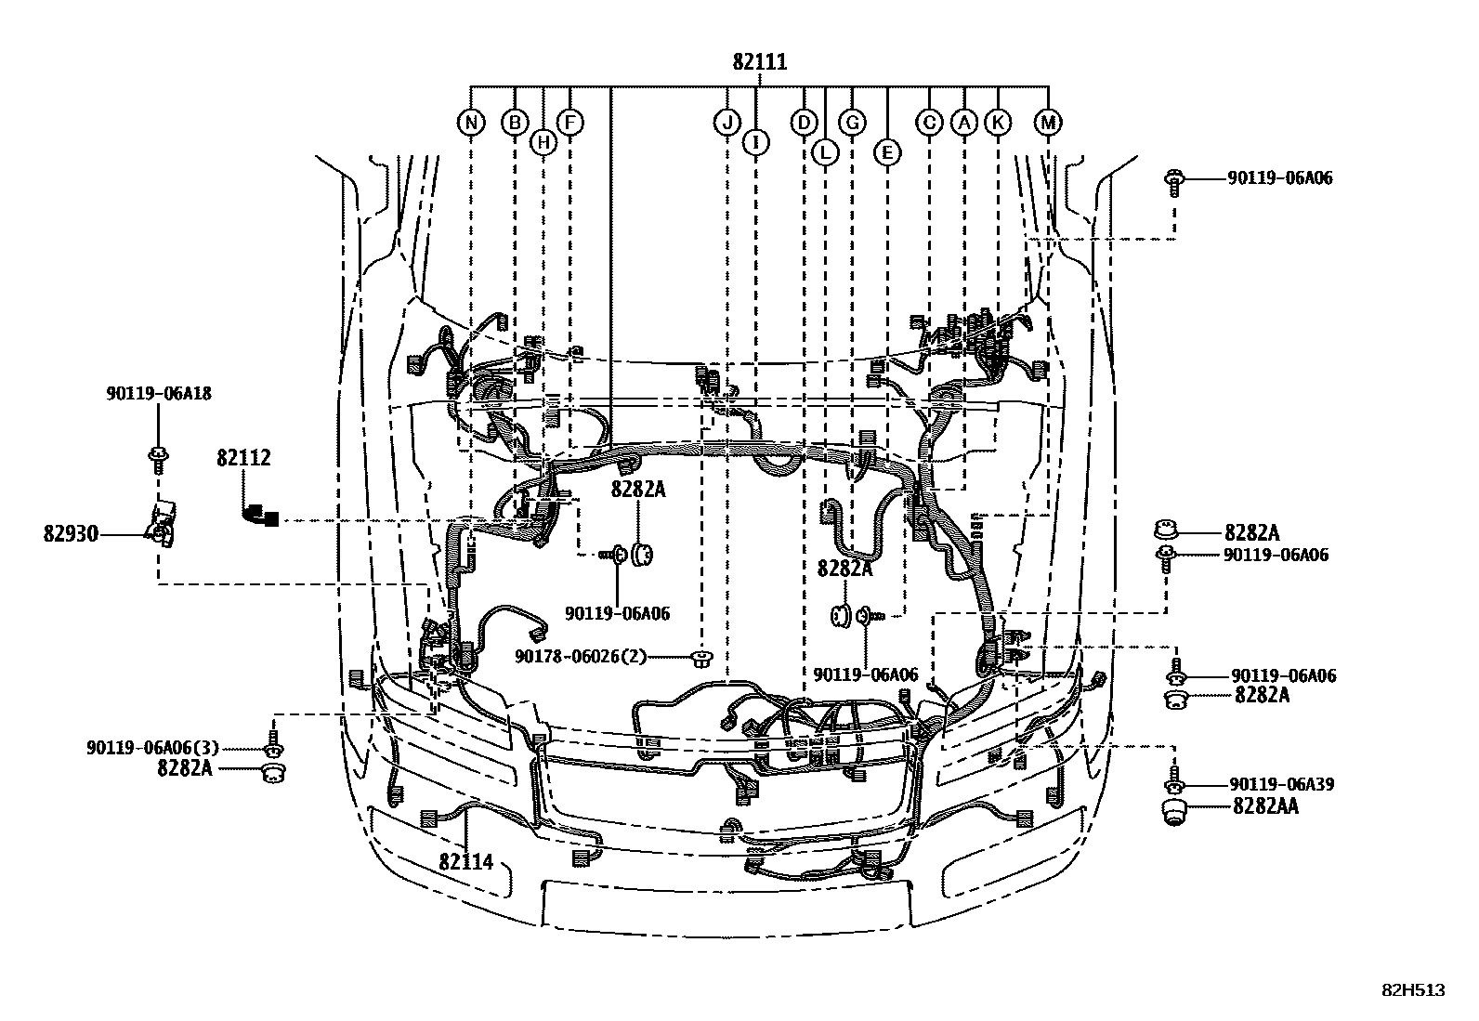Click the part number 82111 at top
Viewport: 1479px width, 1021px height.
759,62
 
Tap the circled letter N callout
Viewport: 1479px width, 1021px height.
472,123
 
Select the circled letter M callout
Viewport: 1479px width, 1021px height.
1048,123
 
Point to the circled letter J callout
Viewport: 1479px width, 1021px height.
726,123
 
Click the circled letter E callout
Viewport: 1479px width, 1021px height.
887,151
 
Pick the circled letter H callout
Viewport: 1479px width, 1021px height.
543,142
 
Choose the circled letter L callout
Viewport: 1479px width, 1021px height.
824,151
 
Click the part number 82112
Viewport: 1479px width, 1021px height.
243,458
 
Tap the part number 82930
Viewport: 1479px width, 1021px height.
71,534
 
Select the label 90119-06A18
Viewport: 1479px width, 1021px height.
157,394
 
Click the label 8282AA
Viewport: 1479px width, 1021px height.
1265,806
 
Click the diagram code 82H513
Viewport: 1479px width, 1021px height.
1413,990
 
